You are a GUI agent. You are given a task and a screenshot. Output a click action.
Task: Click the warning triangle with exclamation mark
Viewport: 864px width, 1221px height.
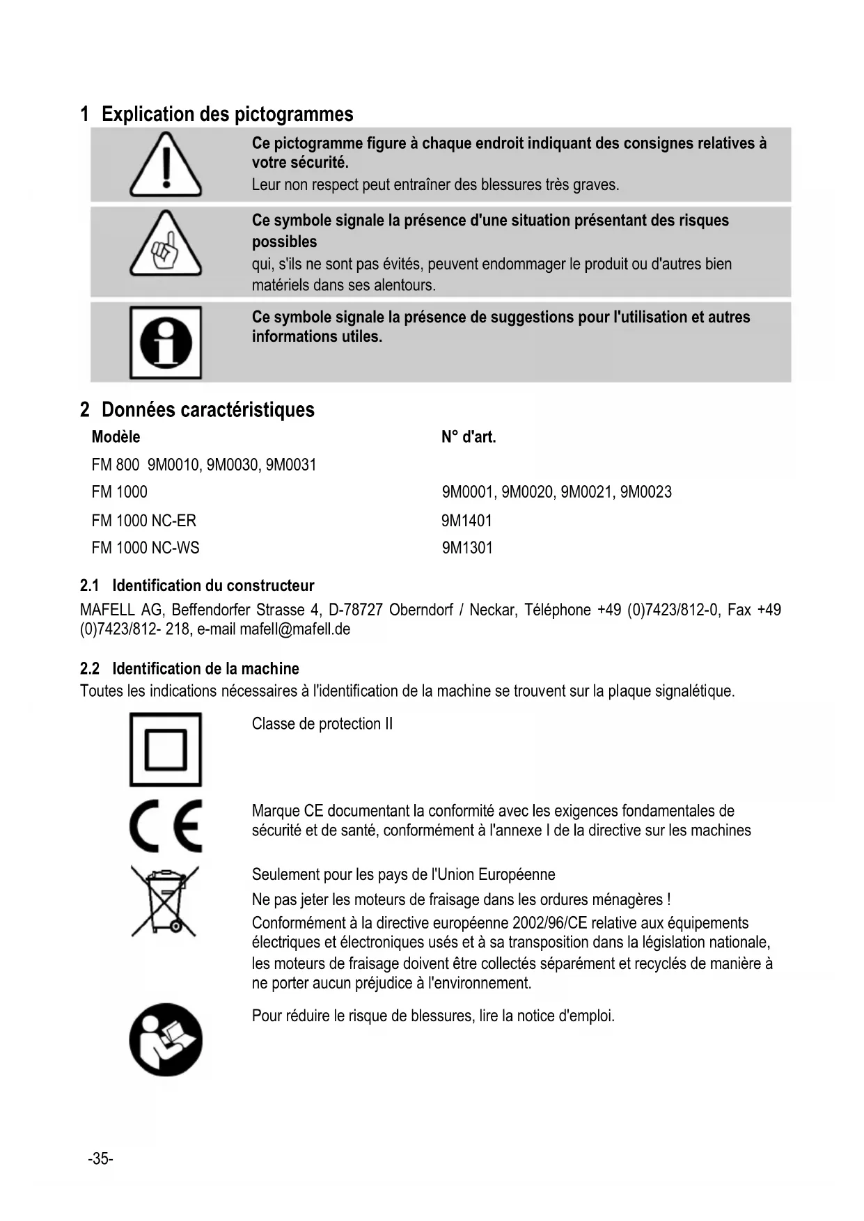[x=166, y=165]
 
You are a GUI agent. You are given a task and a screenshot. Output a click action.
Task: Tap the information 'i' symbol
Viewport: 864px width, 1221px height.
[x=166, y=342]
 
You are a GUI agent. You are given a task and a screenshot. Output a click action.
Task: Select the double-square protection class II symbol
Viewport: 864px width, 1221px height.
[x=166, y=750]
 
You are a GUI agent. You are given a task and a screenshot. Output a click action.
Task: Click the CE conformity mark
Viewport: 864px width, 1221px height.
[x=166, y=826]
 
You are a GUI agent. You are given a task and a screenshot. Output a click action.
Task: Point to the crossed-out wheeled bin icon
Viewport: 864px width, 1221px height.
[x=165, y=901]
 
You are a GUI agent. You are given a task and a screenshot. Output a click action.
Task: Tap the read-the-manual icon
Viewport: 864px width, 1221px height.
[x=166, y=1039]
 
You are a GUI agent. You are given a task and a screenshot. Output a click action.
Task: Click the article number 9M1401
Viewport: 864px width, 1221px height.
[x=466, y=521]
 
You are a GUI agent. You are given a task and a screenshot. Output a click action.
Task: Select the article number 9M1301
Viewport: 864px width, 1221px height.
[x=467, y=548]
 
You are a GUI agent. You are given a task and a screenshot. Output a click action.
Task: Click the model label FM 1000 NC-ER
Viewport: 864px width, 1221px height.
[x=144, y=521]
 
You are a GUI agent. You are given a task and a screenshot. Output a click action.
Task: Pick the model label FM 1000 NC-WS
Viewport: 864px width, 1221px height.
[x=146, y=548]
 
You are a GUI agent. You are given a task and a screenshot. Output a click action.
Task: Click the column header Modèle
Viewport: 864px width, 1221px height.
[x=116, y=437]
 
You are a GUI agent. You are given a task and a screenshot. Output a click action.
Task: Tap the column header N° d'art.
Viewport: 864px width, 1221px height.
[x=469, y=437]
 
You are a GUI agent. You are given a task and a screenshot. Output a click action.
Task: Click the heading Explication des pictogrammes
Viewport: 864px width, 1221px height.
[x=227, y=114]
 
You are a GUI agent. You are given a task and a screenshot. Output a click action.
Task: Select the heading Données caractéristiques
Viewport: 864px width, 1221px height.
[x=207, y=409]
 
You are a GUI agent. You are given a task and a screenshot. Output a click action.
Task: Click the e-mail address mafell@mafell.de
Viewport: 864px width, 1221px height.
[x=294, y=629]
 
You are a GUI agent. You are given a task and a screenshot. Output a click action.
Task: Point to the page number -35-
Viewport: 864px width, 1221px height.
[x=100, y=1158]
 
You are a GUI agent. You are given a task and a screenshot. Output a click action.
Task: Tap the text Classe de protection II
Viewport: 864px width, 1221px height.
[x=322, y=724]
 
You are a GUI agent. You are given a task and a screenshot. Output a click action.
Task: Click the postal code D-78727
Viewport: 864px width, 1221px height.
[x=355, y=610]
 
